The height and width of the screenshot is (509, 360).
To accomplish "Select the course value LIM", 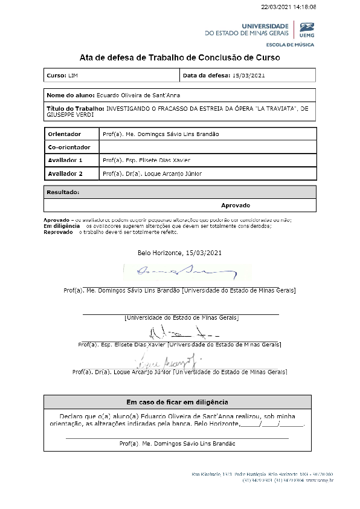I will [x=74, y=76].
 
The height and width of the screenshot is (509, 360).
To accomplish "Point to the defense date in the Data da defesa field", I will [x=249, y=76].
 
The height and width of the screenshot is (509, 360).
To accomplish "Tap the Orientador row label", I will [x=65, y=134].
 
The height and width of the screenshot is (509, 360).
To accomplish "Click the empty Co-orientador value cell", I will [x=207, y=147].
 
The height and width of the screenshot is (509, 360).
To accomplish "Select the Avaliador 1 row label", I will [x=65, y=160].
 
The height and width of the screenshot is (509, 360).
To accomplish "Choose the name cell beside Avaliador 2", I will [x=152, y=173].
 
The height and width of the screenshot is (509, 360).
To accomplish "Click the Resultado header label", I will [x=63, y=192].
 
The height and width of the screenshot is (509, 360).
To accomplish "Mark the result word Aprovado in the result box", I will [x=235, y=206].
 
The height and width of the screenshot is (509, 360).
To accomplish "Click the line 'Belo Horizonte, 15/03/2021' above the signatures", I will [x=180, y=252].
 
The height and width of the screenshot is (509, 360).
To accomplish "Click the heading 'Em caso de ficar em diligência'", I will [x=177, y=402].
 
